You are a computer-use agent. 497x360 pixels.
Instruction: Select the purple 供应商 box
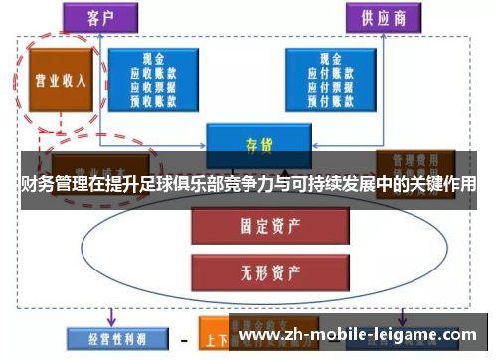[383, 18]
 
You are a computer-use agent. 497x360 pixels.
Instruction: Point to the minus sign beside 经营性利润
[183, 339]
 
